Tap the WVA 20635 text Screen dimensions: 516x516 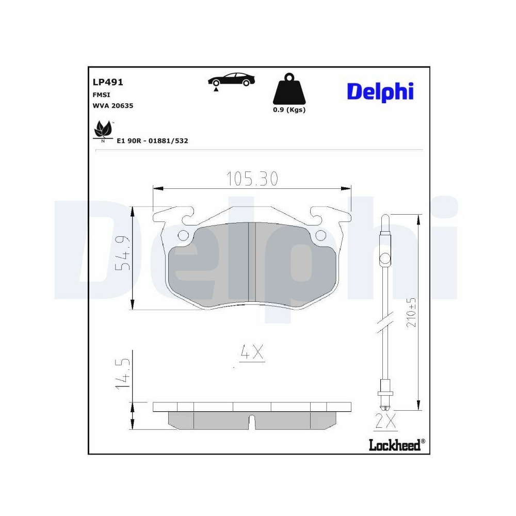[x=112, y=106]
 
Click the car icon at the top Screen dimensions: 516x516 [x=231, y=80]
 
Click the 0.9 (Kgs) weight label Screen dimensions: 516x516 [x=289, y=110]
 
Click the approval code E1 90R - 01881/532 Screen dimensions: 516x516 [x=152, y=140]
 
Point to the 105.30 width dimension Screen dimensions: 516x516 [x=252, y=179]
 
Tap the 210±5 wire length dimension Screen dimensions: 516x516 [x=412, y=313]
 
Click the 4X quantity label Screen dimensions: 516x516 [x=252, y=352]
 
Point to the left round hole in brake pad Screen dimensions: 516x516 [x=183, y=236]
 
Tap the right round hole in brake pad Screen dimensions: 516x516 [x=320, y=236]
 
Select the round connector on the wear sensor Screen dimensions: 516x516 [x=384, y=258]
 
